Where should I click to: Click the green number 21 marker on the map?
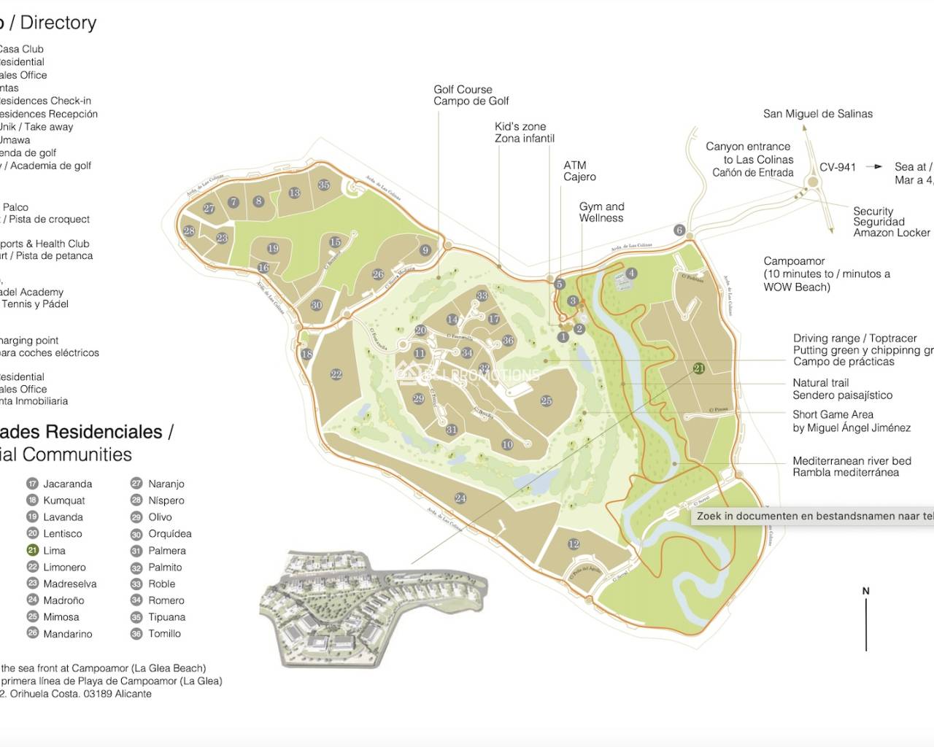(698, 368)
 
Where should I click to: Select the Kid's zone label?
(524, 132)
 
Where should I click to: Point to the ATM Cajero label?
(579, 171)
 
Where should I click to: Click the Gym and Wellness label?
(601, 212)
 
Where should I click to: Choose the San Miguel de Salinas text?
(817, 114)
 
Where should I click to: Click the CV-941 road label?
(837, 167)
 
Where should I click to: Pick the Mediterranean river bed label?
(852, 466)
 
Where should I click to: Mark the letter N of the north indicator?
(866, 591)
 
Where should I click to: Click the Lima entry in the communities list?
(54, 551)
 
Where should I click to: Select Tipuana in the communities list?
(166, 617)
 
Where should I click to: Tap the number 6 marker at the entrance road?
(679, 231)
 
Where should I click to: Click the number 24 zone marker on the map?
(460, 498)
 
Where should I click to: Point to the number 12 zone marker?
(574, 543)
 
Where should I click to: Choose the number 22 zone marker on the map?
(336, 374)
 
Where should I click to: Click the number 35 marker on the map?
(324, 185)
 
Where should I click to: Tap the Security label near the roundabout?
(873, 211)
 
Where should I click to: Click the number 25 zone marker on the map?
(546, 400)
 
